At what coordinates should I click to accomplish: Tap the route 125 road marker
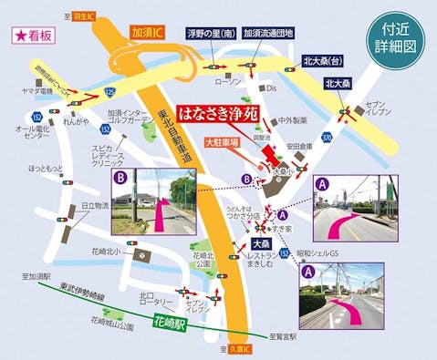tap(109, 92)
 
